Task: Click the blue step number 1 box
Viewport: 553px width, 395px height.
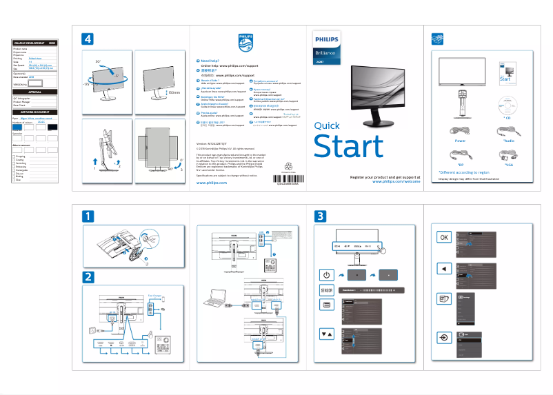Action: click(x=88, y=216)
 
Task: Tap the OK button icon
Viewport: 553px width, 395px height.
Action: click(x=445, y=236)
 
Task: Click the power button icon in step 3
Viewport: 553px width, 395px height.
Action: click(x=328, y=275)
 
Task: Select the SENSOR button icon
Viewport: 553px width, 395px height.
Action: click(x=328, y=290)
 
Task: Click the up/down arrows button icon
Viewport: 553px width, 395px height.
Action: click(x=328, y=334)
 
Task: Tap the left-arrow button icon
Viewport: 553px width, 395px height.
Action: click(x=445, y=267)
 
